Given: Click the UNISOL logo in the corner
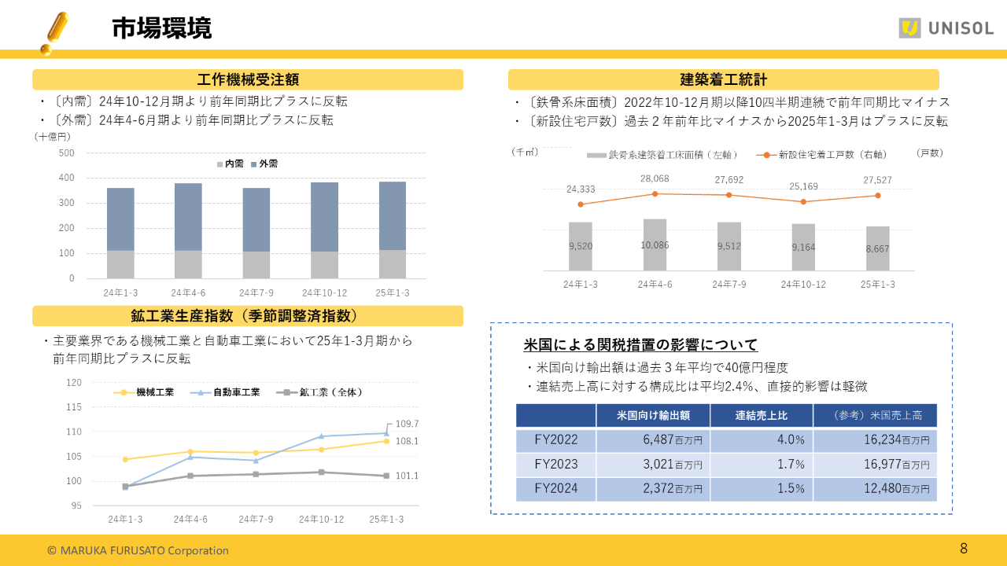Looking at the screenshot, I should [x=946, y=28].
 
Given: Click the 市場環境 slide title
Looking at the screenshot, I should [x=161, y=28].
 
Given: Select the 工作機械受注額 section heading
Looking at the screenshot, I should [x=247, y=79].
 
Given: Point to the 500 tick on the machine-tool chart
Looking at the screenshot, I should [x=67, y=153].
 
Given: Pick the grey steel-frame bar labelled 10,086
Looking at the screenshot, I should [x=655, y=244].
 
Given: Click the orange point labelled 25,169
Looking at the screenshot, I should [x=803, y=202].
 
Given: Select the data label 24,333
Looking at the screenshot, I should [x=581, y=189].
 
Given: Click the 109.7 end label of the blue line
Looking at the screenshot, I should [x=407, y=423].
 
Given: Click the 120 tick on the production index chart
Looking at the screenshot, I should [x=74, y=383].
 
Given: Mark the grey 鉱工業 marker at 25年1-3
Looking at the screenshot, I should [x=386, y=476].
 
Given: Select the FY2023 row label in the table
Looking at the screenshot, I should [x=555, y=464].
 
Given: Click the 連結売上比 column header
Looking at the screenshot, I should [x=761, y=415].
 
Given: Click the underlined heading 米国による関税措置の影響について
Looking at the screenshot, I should [x=640, y=344].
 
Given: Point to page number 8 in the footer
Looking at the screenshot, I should [x=964, y=548].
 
